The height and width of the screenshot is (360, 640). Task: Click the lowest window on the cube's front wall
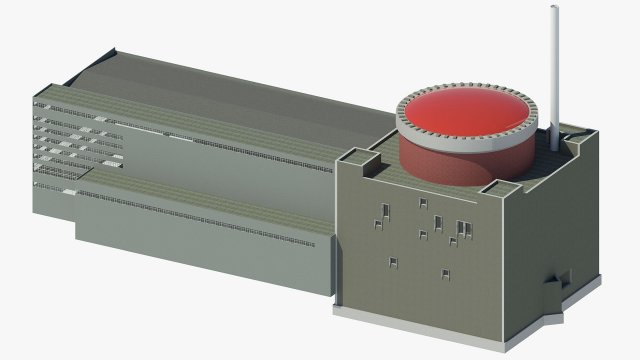pos(446,274)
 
